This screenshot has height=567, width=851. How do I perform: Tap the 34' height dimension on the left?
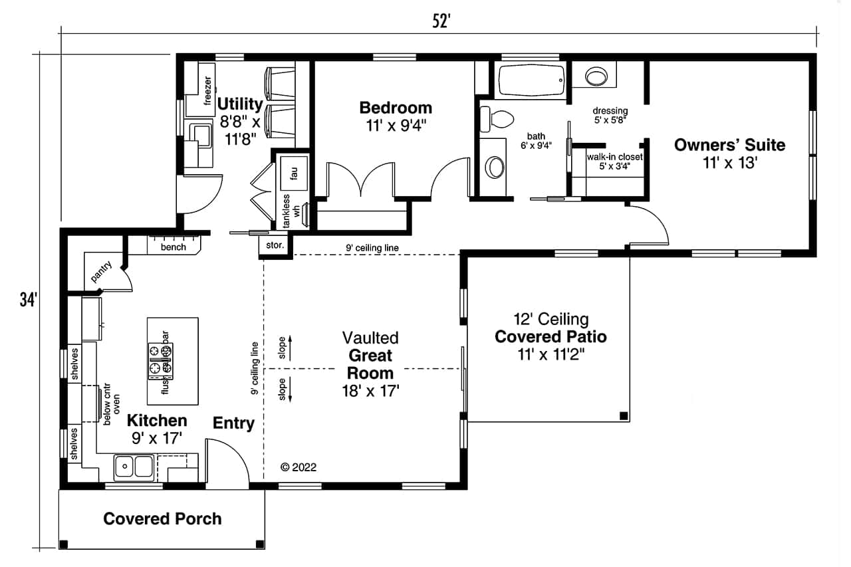(26, 300)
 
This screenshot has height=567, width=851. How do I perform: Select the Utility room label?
(240, 104)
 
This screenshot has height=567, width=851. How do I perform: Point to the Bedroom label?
(395, 108)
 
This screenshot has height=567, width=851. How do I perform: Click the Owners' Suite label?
(729, 145)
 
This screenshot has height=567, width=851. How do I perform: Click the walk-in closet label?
(614, 158)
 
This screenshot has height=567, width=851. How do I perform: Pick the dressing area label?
(610, 110)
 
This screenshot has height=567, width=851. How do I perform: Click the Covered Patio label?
(550, 336)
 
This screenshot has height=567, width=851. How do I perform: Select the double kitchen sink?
(134, 467)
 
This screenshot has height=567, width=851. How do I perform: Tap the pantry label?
(101, 272)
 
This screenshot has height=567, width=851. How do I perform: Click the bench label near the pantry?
(174, 247)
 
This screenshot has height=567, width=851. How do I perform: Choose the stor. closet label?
(275, 245)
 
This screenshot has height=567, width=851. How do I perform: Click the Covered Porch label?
(162, 518)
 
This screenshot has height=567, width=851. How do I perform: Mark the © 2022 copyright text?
(299, 467)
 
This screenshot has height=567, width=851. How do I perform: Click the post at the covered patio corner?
(623, 416)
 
